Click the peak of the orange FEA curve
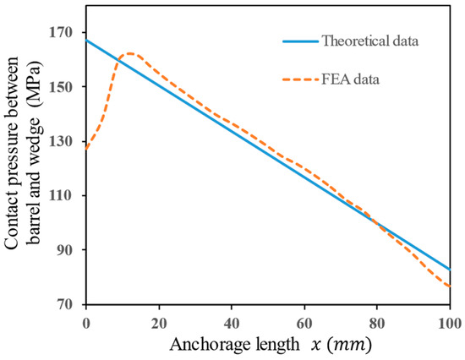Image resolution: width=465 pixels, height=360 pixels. tap(131, 53)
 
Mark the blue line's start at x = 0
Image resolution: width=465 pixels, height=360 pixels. tap(86, 41)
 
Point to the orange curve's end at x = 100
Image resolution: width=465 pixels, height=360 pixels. tap(450, 286)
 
